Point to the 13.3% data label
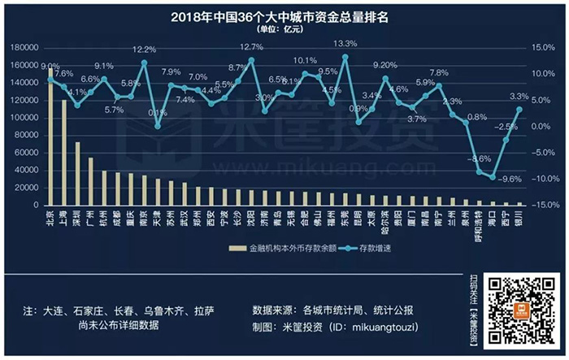pos(345,44)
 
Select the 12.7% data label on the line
pos(251,48)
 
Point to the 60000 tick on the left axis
pos(24,153)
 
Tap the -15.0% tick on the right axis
pos(542,205)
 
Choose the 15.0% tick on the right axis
pos(542,47)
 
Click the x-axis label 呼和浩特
pos(480,223)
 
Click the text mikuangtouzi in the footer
pos(388,326)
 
